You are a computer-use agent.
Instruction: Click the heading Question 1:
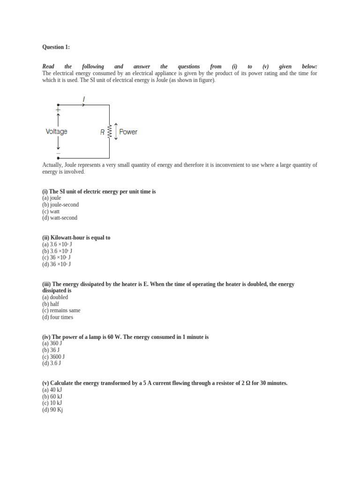click(56, 47)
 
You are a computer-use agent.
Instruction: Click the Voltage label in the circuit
click(56, 132)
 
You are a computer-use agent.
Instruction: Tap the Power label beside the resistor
click(128, 132)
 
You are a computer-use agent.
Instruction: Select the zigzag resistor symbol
click(110, 132)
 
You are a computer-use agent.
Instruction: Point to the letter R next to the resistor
click(102, 133)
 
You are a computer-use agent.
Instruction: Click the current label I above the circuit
click(84, 99)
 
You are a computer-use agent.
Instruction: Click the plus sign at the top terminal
click(58, 110)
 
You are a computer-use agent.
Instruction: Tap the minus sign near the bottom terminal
click(58, 153)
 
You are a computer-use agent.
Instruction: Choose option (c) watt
click(51, 211)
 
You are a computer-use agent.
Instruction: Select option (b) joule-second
click(60, 205)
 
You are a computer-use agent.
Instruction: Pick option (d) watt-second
click(60, 218)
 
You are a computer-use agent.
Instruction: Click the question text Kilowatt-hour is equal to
click(76, 238)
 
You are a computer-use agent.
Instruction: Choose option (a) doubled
click(55, 297)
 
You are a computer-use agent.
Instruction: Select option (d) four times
click(58, 317)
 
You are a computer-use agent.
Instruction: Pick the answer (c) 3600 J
click(53, 357)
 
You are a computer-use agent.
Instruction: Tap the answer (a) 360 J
click(52, 344)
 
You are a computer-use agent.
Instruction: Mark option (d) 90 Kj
click(52, 410)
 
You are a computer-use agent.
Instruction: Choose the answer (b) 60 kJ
click(52, 397)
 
